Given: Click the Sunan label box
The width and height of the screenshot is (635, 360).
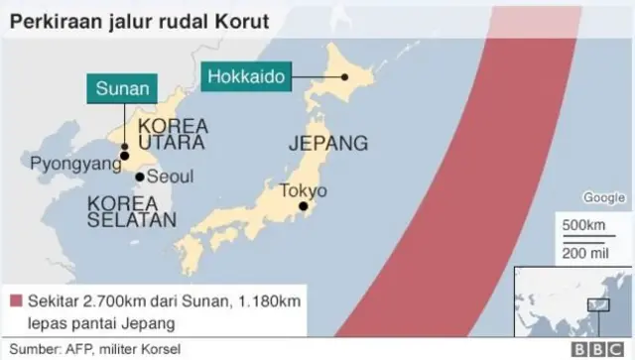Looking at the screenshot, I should [122, 88].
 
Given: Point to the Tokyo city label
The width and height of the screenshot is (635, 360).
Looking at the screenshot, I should [302, 191].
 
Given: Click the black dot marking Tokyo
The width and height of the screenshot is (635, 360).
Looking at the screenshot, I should [303, 207].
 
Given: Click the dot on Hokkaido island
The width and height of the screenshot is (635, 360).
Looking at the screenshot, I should [343, 76].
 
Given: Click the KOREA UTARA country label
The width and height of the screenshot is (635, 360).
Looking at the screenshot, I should [172, 135].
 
